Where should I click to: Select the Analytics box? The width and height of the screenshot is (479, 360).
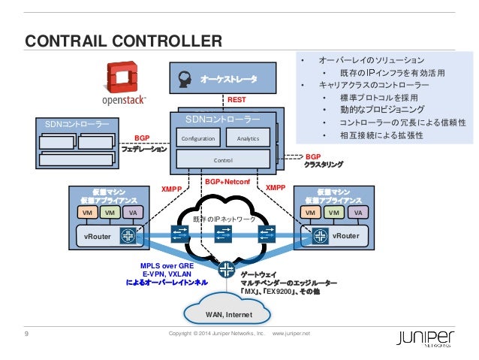(x=248, y=139)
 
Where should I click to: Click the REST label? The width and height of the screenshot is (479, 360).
(x=236, y=100)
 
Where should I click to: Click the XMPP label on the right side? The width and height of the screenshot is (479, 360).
(x=276, y=188)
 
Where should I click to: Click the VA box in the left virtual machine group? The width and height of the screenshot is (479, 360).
(x=132, y=213)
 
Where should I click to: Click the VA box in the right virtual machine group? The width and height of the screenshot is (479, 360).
(x=358, y=213)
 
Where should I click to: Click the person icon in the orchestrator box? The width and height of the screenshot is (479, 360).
(x=185, y=77)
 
